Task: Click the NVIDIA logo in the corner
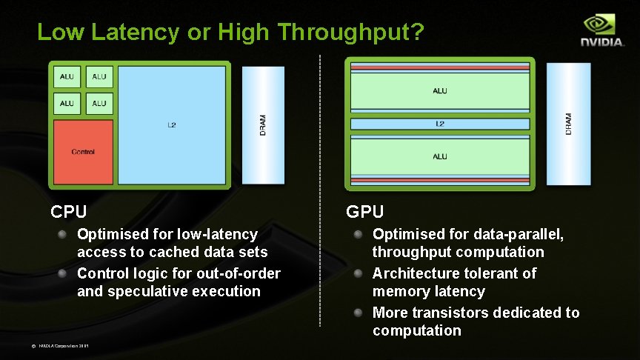(601, 31)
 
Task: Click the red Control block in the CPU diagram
(83, 152)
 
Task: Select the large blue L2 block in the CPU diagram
(172, 125)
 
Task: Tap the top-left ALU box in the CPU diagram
(67, 77)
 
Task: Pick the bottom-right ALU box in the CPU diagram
(99, 103)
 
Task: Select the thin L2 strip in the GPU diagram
(440, 124)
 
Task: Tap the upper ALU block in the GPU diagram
(440, 92)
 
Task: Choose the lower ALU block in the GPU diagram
(440, 156)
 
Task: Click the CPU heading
(69, 212)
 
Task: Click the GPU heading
(365, 212)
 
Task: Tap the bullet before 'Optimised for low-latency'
(64, 234)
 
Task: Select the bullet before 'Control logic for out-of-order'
(64, 273)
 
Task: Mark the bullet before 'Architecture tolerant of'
(359, 273)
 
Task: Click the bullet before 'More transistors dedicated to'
(359, 313)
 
